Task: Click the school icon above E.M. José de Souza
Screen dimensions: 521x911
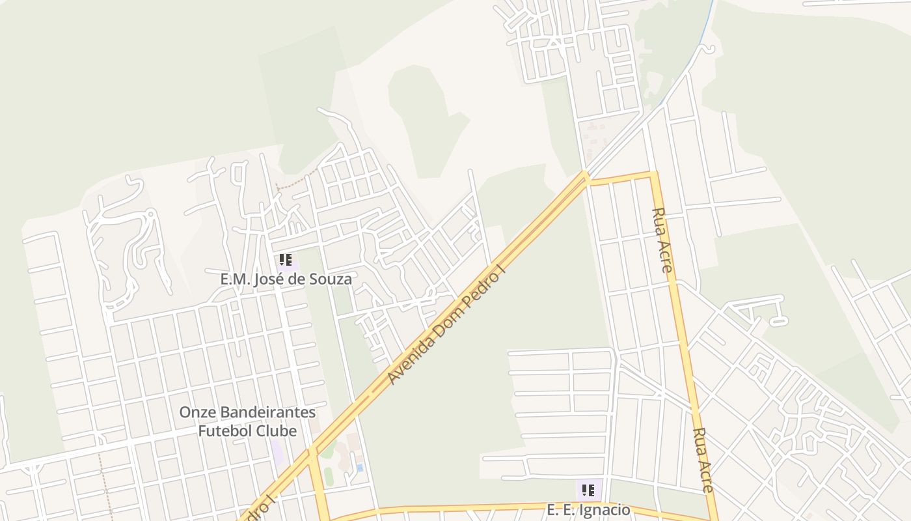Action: (285, 261)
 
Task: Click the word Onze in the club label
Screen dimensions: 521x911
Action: (197, 412)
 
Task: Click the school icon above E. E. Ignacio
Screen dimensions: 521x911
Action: (588, 490)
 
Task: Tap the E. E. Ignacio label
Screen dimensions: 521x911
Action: (588, 509)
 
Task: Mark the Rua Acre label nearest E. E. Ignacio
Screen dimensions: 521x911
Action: (703, 459)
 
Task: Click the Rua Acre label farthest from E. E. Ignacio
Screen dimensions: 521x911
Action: (662, 239)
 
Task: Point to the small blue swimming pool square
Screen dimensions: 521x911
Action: (360, 468)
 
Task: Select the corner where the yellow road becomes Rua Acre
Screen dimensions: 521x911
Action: (653, 174)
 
